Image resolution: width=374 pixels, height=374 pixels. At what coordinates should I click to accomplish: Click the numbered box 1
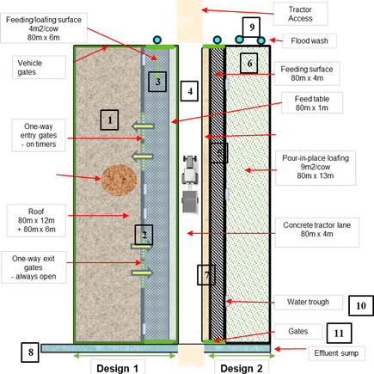pyautogui.click(x=109, y=120)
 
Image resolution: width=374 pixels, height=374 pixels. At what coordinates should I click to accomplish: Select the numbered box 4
pyautogui.click(x=189, y=91)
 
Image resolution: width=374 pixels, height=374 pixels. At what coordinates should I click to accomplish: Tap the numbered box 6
pyautogui.click(x=248, y=64)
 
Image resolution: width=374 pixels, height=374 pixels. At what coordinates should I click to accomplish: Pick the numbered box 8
pyautogui.click(x=30, y=353)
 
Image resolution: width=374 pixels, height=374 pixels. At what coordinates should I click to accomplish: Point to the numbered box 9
pyautogui.click(x=251, y=28)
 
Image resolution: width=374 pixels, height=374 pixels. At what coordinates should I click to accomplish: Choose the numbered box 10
pyautogui.click(x=361, y=306)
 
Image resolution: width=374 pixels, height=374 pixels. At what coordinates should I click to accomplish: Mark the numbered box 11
pyautogui.click(x=339, y=333)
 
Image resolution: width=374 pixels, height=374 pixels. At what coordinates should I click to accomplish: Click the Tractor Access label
pyautogui.click(x=300, y=14)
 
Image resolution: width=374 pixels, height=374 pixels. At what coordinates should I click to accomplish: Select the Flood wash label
pyautogui.click(x=310, y=40)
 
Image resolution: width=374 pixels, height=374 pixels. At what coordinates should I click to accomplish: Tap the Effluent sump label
pyautogui.click(x=336, y=353)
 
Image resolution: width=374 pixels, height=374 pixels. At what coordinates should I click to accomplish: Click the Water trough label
pyautogui.click(x=308, y=302)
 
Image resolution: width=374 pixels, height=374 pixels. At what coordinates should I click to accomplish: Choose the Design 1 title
pyautogui.click(x=117, y=368)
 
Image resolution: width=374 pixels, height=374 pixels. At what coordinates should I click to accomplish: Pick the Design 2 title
pyautogui.click(x=242, y=368)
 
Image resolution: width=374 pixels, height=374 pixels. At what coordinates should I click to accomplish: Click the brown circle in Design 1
pyautogui.click(x=119, y=181)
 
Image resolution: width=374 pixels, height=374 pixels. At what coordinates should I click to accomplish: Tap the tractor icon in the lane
pyautogui.click(x=190, y=184)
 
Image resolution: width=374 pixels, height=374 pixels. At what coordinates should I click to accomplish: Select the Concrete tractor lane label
pyautogui.click(x=317, y=230)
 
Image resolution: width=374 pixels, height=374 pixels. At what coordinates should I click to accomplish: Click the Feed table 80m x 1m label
pyautogui.click(x=312, y=103)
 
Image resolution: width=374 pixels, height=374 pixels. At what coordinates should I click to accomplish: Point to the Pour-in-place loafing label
pyautogui.click(x=316, y=167)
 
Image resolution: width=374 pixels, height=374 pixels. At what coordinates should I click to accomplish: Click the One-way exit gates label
pyautogui.click(x=34, y=267)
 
